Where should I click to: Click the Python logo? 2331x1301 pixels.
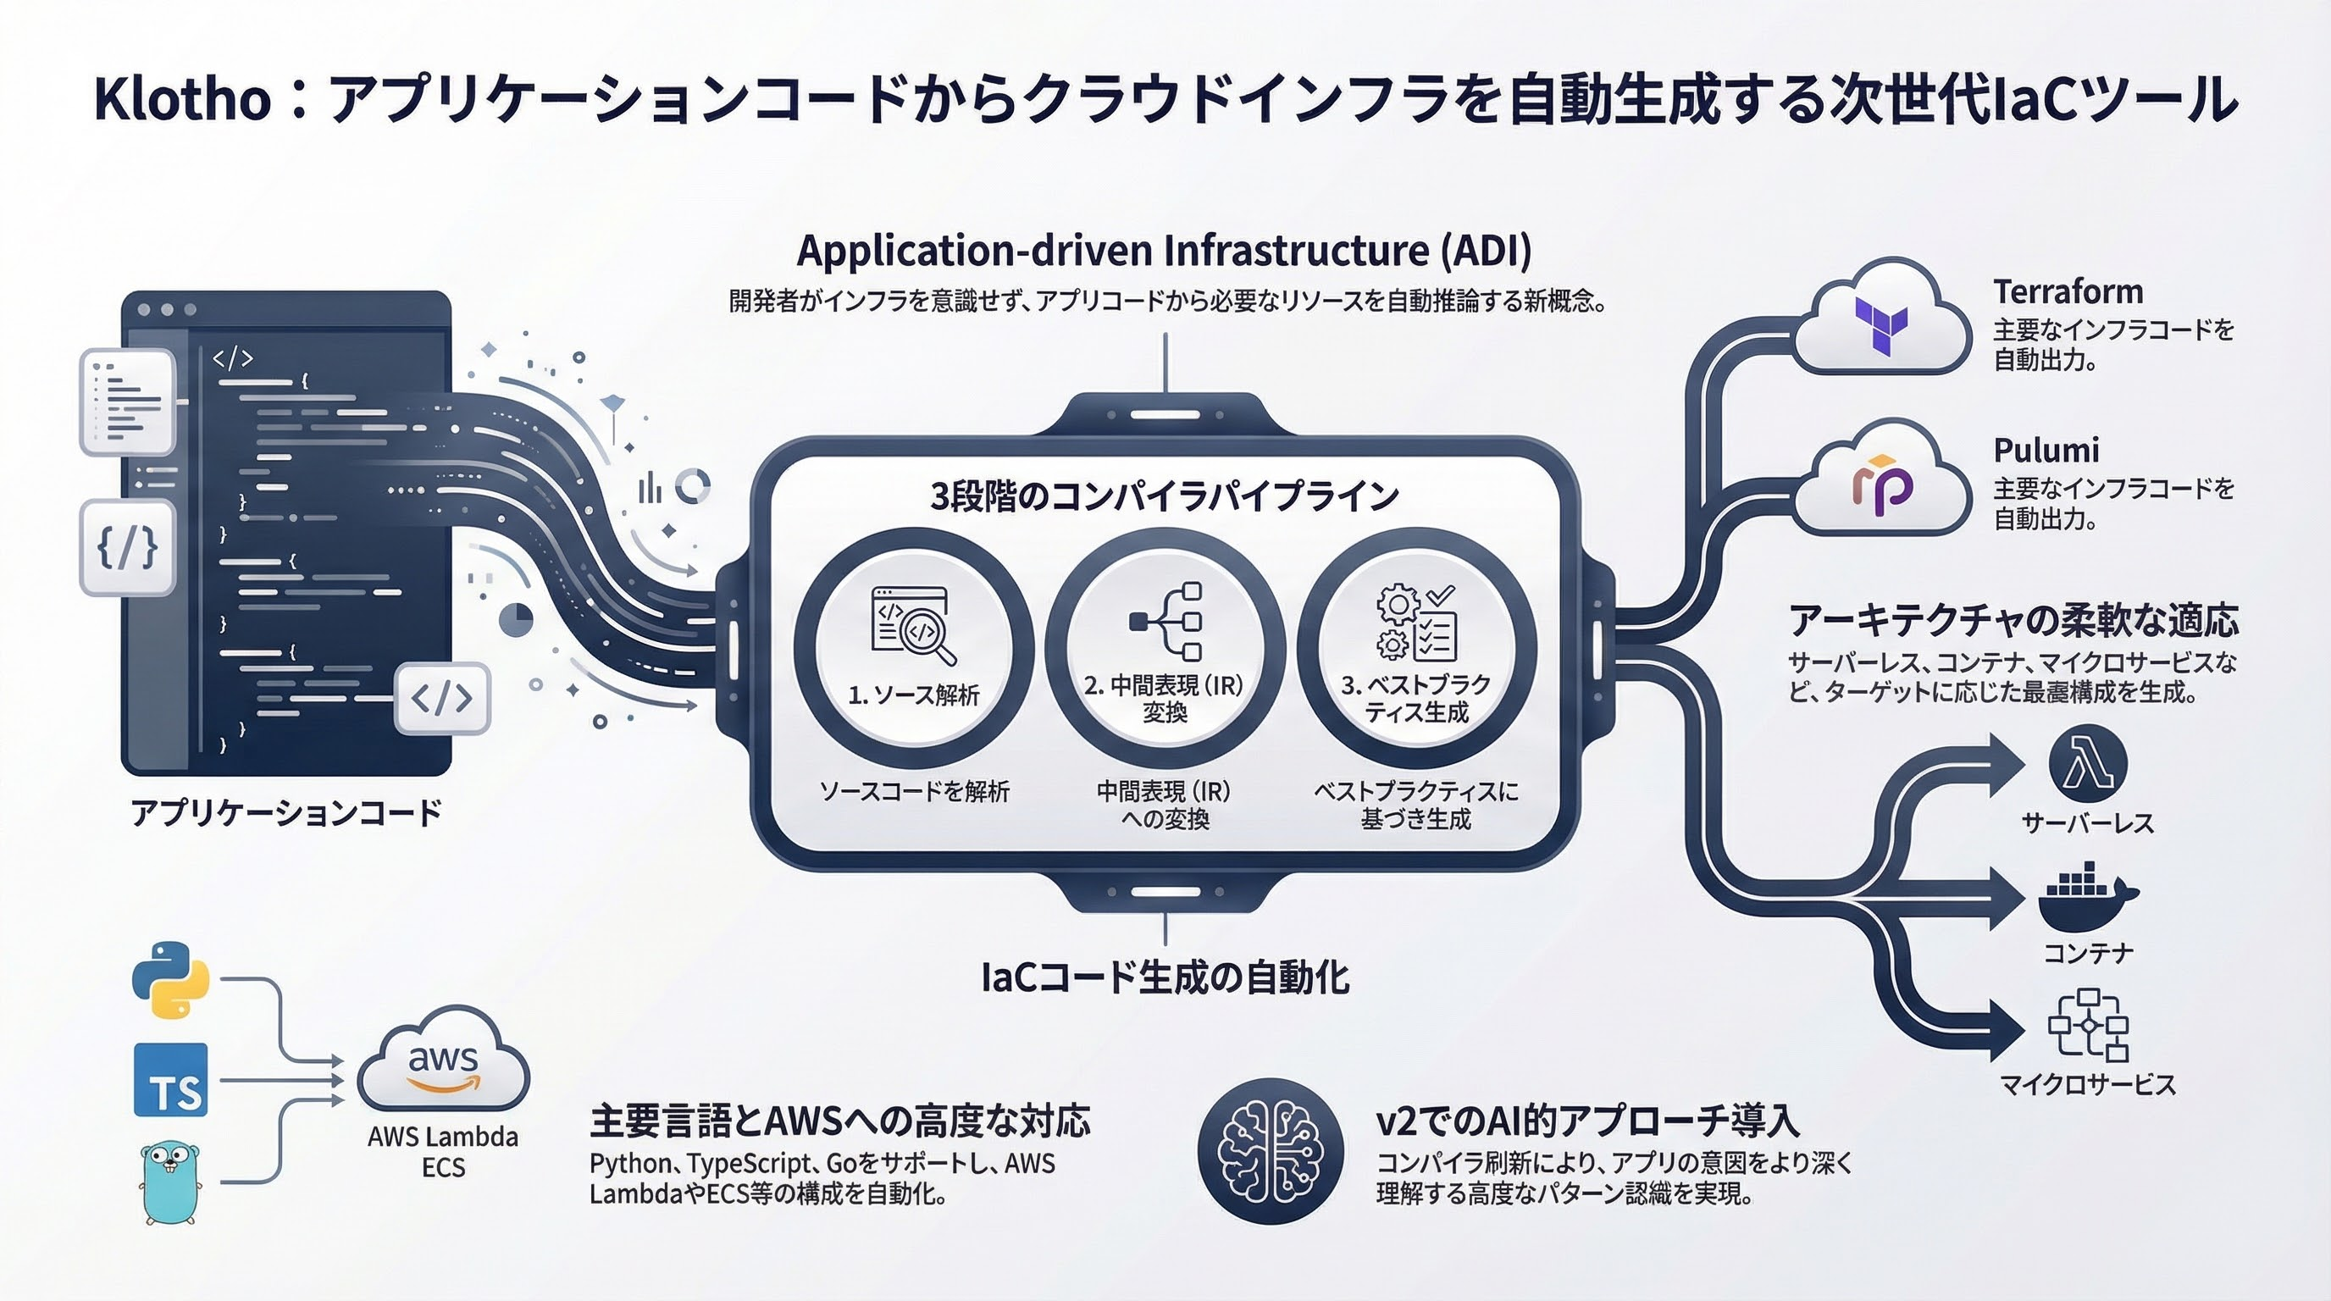pyautogui.click(x=170, y=980)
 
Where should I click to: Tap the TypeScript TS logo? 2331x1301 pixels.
pyautogui.click(x=171, y=1080)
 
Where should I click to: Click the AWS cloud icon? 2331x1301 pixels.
pyautogui.click(x=443, y=1059)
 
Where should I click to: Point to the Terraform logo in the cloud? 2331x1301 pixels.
pyautogui.click(x=1881, y=326)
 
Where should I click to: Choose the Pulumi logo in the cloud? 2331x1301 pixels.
pyautogui.click(x=1881, y=486)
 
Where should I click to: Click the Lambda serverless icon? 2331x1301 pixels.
pyautogui.click(x=2088, y=765)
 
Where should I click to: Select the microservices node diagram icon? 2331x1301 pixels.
pyautogui.click(x=2088, y=1025)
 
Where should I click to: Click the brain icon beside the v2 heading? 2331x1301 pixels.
pyautogui.click(x=1271, y=1151)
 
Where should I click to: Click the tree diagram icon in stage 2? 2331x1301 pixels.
pyautogui.click(x=1165, y=622)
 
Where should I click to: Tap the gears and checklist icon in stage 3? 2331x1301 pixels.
pyautogui.click(x=1416, y=623)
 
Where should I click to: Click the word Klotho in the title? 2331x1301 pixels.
pyautogui.click(x=182, y=98)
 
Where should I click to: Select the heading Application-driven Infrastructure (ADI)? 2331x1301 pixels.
pyautogui.click(x=1165, y=251)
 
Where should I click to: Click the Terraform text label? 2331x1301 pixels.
pyautogui.click(x=2068, y=291)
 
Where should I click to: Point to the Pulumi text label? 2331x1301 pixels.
pyautogui.click(x=2046, y=450)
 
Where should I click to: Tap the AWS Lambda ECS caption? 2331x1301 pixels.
pyautogui.click(x=443, y=1152)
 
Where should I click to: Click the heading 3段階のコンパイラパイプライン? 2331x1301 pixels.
pyautogui.click(x=1165, y=495)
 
